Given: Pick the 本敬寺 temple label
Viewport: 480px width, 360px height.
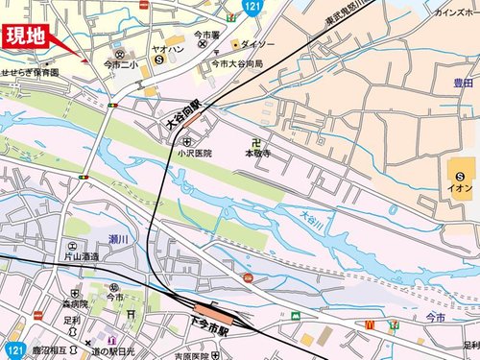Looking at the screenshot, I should tap(257, 152).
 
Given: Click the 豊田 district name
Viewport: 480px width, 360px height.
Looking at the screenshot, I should tap(456, 83).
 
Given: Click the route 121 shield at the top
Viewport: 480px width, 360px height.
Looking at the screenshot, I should tap(252, 7).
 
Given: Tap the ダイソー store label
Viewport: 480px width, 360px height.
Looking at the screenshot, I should tap(257, 44).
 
